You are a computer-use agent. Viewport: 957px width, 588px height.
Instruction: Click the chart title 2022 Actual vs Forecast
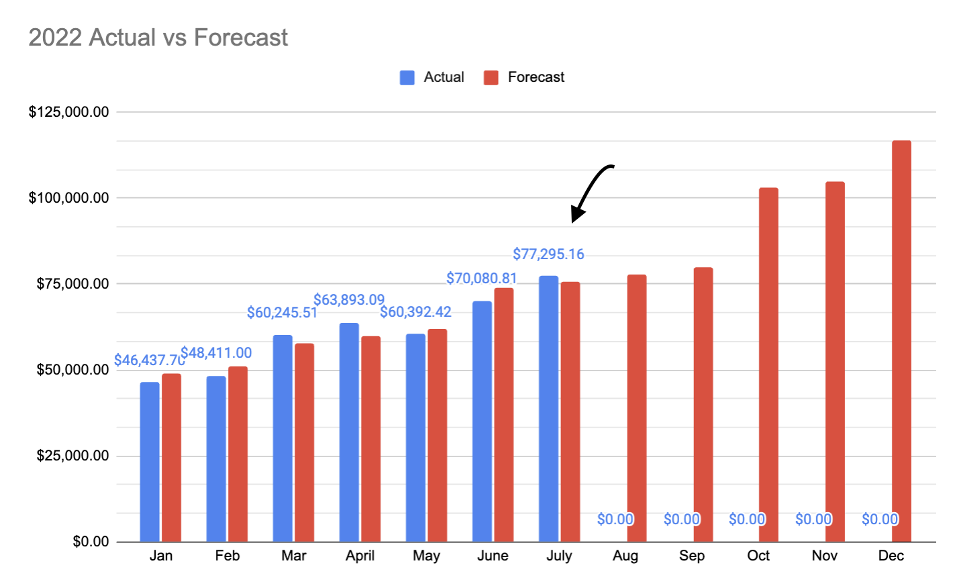click(x=158, y=38)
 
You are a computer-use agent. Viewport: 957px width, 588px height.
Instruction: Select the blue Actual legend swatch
click(x=407, y=77)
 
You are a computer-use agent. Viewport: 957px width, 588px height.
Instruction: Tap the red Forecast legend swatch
click(x=491, y=77)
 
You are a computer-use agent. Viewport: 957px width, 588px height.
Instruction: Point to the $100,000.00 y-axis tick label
click(x=68, y=197)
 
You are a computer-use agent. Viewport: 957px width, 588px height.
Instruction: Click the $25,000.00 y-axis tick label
click(x=72, y=455)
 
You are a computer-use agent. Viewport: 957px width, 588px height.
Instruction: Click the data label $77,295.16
click(x=548, y=254)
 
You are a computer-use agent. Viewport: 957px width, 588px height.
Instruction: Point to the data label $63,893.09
click(x=349, y=299)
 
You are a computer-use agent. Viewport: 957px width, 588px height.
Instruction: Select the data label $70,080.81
click(x=482, y=278)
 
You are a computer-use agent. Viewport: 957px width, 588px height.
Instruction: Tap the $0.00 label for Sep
click(x=681, y=519)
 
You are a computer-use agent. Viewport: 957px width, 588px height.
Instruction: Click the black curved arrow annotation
click(x=591, y=191)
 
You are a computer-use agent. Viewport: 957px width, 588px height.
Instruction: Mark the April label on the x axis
click(x=360, y=556)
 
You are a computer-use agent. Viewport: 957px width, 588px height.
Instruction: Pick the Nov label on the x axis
click(x=824, y=556)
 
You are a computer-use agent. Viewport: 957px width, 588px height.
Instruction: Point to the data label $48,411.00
click(x=216, y=352)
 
